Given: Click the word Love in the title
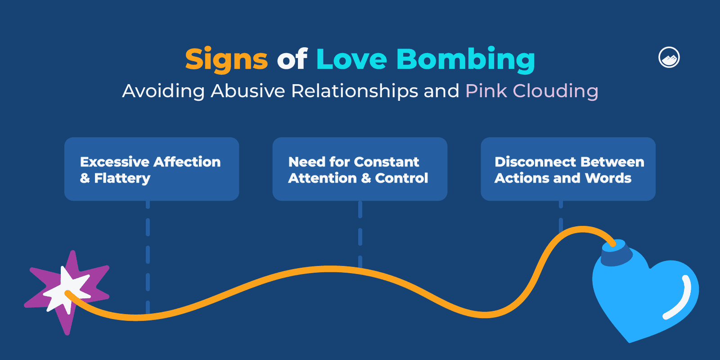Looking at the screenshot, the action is pos(351,58).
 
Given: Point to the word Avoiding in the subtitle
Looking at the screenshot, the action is pos(163,91).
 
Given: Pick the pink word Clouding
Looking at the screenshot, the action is pos(555,91).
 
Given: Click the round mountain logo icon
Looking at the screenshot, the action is pos(669,58).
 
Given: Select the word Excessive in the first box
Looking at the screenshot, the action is pos(114,162).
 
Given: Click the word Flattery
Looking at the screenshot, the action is pos(122,178).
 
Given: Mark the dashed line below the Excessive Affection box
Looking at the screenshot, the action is pos(148,257).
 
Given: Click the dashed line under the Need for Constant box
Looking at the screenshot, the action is pos(360,234).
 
